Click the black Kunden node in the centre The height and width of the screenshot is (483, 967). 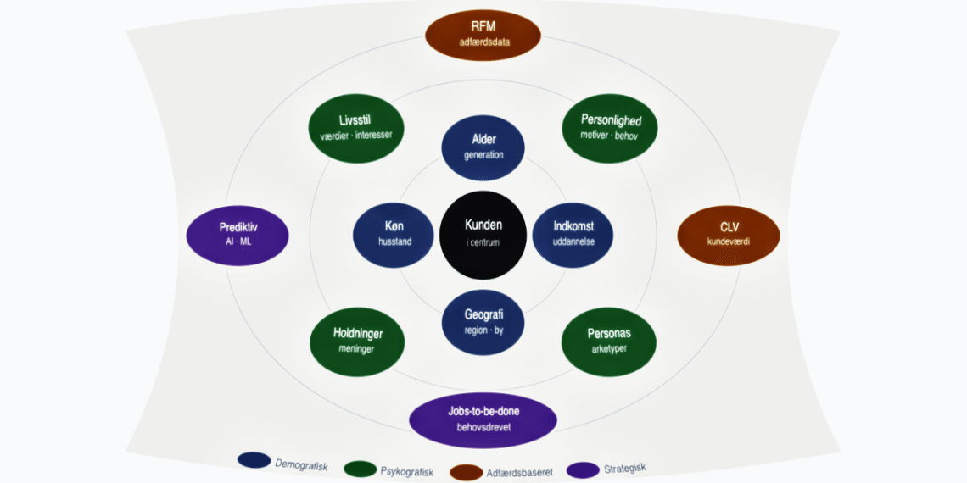(483, 235)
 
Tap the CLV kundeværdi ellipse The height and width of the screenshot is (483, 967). (729, 234)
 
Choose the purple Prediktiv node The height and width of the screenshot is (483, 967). (238, 234)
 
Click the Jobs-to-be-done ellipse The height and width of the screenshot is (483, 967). (483, 419)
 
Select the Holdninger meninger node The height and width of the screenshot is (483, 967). (356, 341)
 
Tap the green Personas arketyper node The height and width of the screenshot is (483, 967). (609, 341)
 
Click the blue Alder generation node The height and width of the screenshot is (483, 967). (483, 147)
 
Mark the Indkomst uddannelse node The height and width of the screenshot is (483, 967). (573, 234)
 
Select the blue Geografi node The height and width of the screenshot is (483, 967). (483, 322)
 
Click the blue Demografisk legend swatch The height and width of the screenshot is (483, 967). (254, 460)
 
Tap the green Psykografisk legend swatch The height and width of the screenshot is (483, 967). (361, 468)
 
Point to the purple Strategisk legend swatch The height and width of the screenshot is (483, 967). (583, 469)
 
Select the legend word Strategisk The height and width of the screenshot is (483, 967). (624, 468)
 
